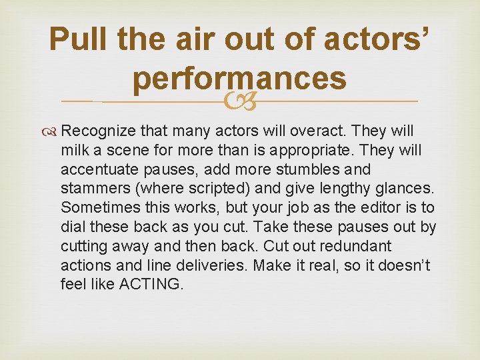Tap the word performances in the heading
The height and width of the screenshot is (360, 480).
pyautogui.click(x=239, y=79)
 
